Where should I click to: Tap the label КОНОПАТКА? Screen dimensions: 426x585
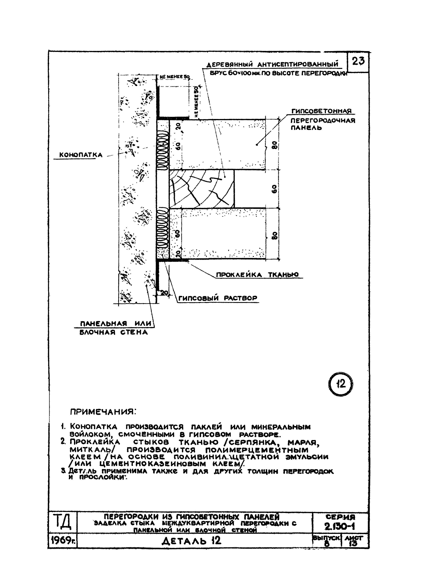tap(81, 155)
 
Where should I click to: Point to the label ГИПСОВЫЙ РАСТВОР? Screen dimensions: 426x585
tap(218, 298)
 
